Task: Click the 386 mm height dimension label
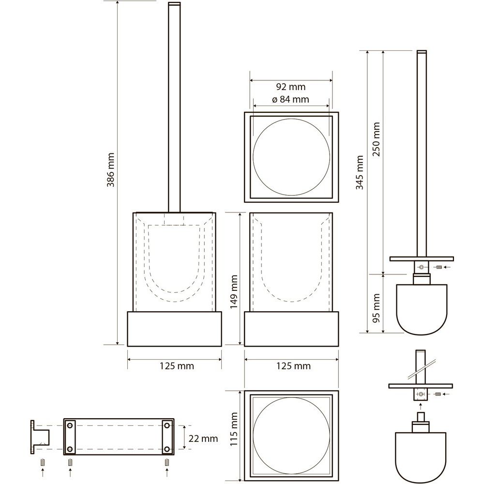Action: click(x=110, y=170)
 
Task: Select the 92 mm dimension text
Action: click(x=291, y=87)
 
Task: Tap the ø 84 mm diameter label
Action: click(x=290, y=99)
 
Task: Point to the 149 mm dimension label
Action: click(x=234, y=292)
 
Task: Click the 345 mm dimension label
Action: click(x=360, y=172)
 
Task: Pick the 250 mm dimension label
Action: click(x=376, y=139)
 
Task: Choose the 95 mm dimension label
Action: click(x=376, y=308)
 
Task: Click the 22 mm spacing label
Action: click(x=203, y=439)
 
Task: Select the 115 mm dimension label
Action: click(x=234, y=429)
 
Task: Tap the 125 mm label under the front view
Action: click(x=177, y=366)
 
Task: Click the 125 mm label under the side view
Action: click(x=294, y=366)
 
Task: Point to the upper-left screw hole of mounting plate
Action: click(x=70, y=425)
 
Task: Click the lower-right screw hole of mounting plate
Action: click(x=167, y=449)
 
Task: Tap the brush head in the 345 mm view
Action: click(x=422, y=309)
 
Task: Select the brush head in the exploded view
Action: click(x=421, y=457)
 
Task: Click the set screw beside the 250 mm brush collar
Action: click(x=439, y=267)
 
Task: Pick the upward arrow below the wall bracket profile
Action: click(x=43, y=472)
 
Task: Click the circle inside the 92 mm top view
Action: click(x=291, y=157)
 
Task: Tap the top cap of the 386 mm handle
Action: click(x=174, y=4)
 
